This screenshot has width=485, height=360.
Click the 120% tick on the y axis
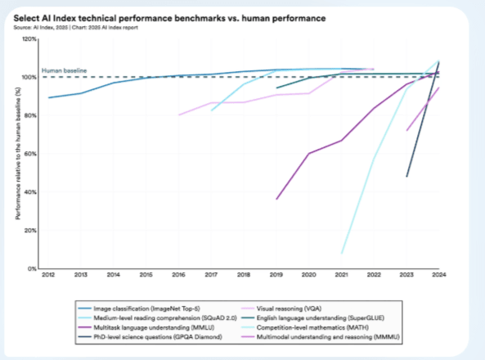pyautogui.click(x=28, y=39)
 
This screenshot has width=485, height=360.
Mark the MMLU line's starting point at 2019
pyautogui.click(x=277, y=199)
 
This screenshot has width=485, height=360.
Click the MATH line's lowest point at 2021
pyautogui.click(x=342, y=253)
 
